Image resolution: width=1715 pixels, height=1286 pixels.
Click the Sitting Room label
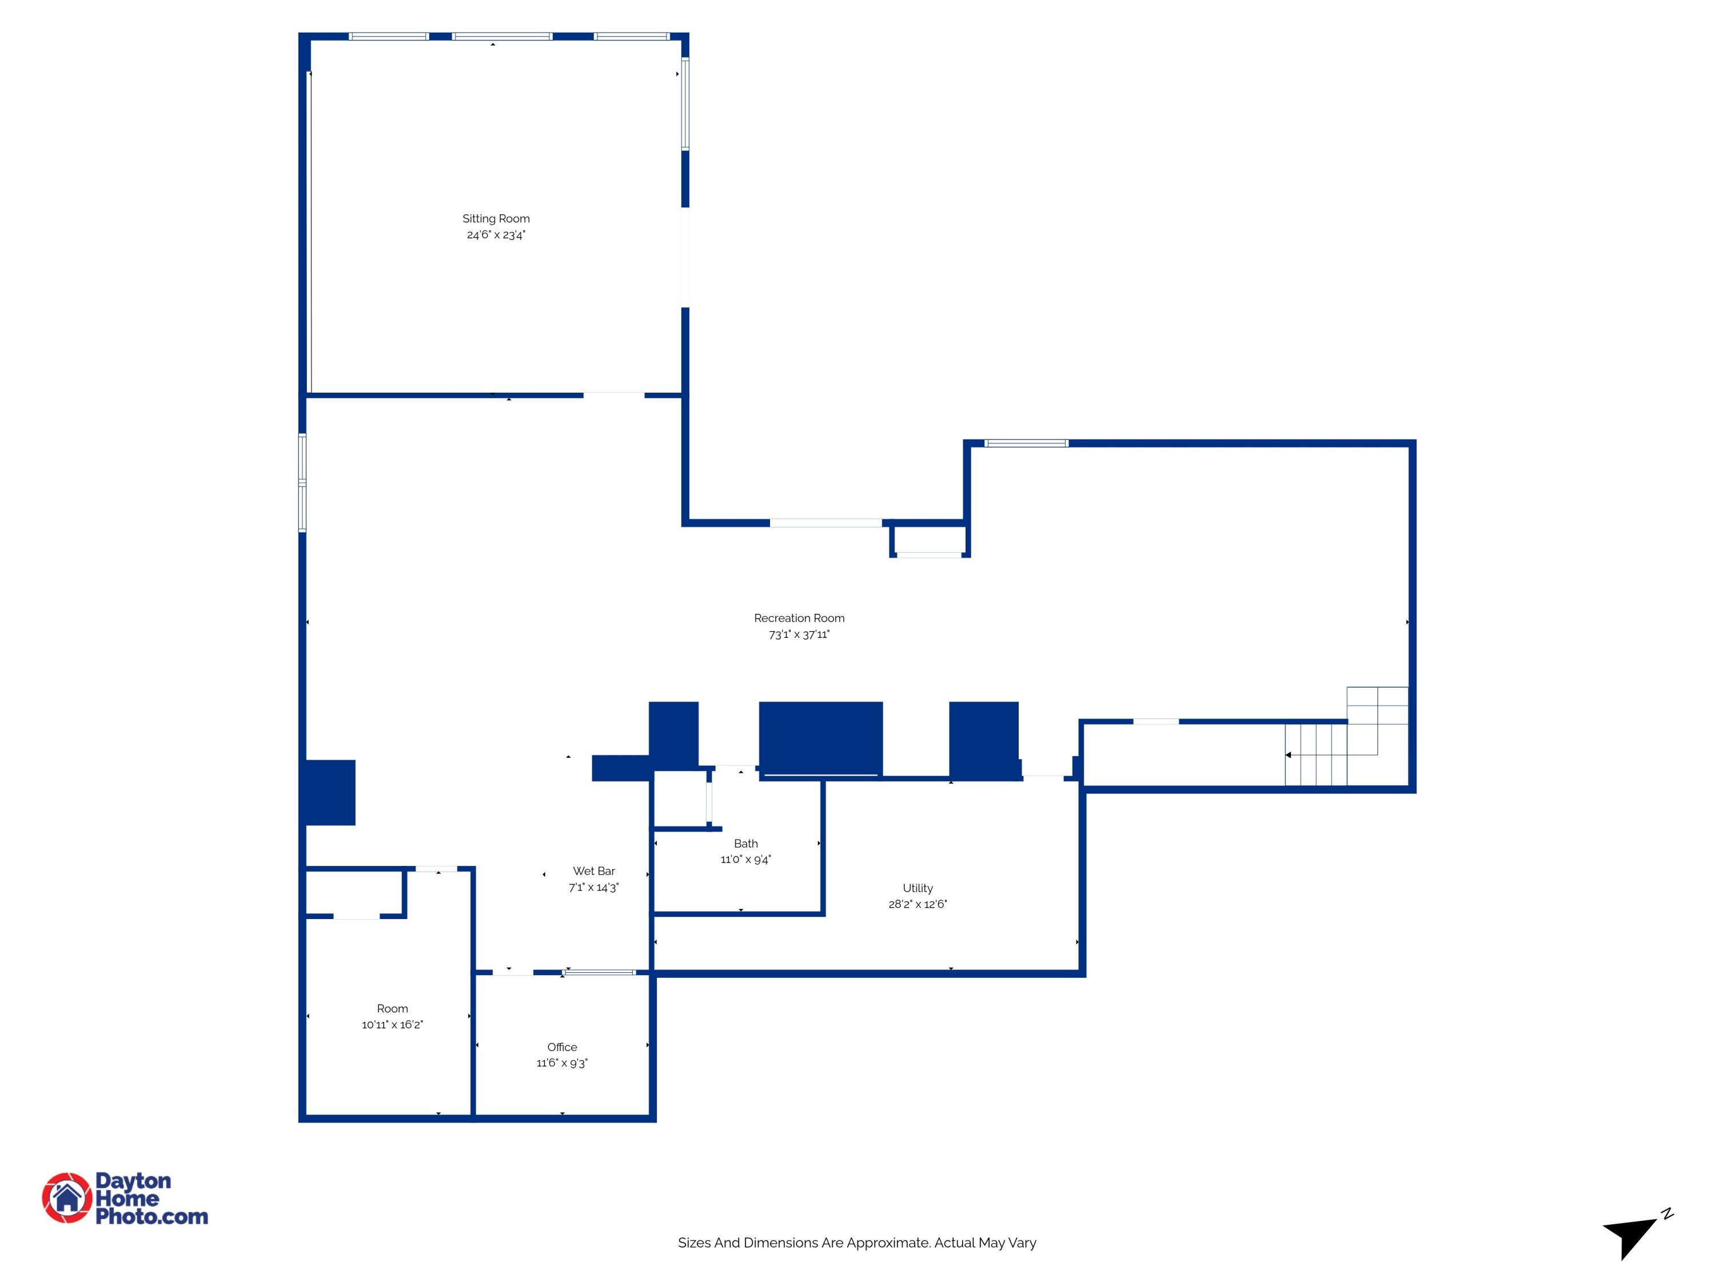pyautogui.click(x=496, y=218)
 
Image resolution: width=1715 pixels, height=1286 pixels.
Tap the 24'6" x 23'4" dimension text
pyautogui.click(x=496, y=235)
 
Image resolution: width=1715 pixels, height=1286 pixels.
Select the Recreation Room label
pyautogui.click(x=799, y=618)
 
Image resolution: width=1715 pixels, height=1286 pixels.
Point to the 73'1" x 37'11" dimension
pyautogui.click(x=799, y=634)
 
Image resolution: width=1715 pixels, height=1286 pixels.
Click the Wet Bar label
pyautogui.click(x=593, y=871)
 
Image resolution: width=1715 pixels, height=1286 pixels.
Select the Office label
pyautogui.click(x=561, y=1047)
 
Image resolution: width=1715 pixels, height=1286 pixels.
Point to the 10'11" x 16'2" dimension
pyautogui.click(x=392, y=1025)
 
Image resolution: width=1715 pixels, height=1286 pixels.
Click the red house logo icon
pyautogui.click(x=67, y=1197)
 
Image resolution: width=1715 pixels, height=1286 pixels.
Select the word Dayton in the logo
pyautogui.click(x=133, y=1181)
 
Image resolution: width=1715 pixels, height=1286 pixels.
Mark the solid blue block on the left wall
pyautogui.click(x=329, y=792)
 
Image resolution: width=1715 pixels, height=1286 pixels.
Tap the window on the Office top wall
pyautogui.click(x=599, y=972)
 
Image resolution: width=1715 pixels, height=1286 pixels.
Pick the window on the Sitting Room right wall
pyautogui.click(x=685, y=104)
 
